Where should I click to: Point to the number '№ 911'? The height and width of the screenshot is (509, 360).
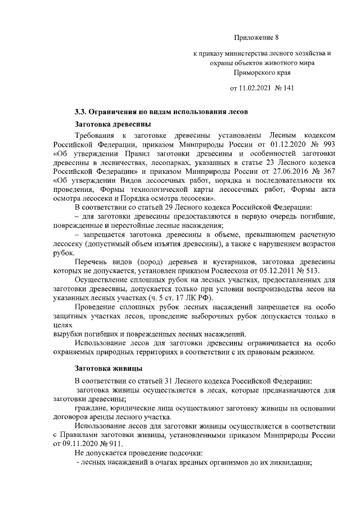[108, 443]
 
